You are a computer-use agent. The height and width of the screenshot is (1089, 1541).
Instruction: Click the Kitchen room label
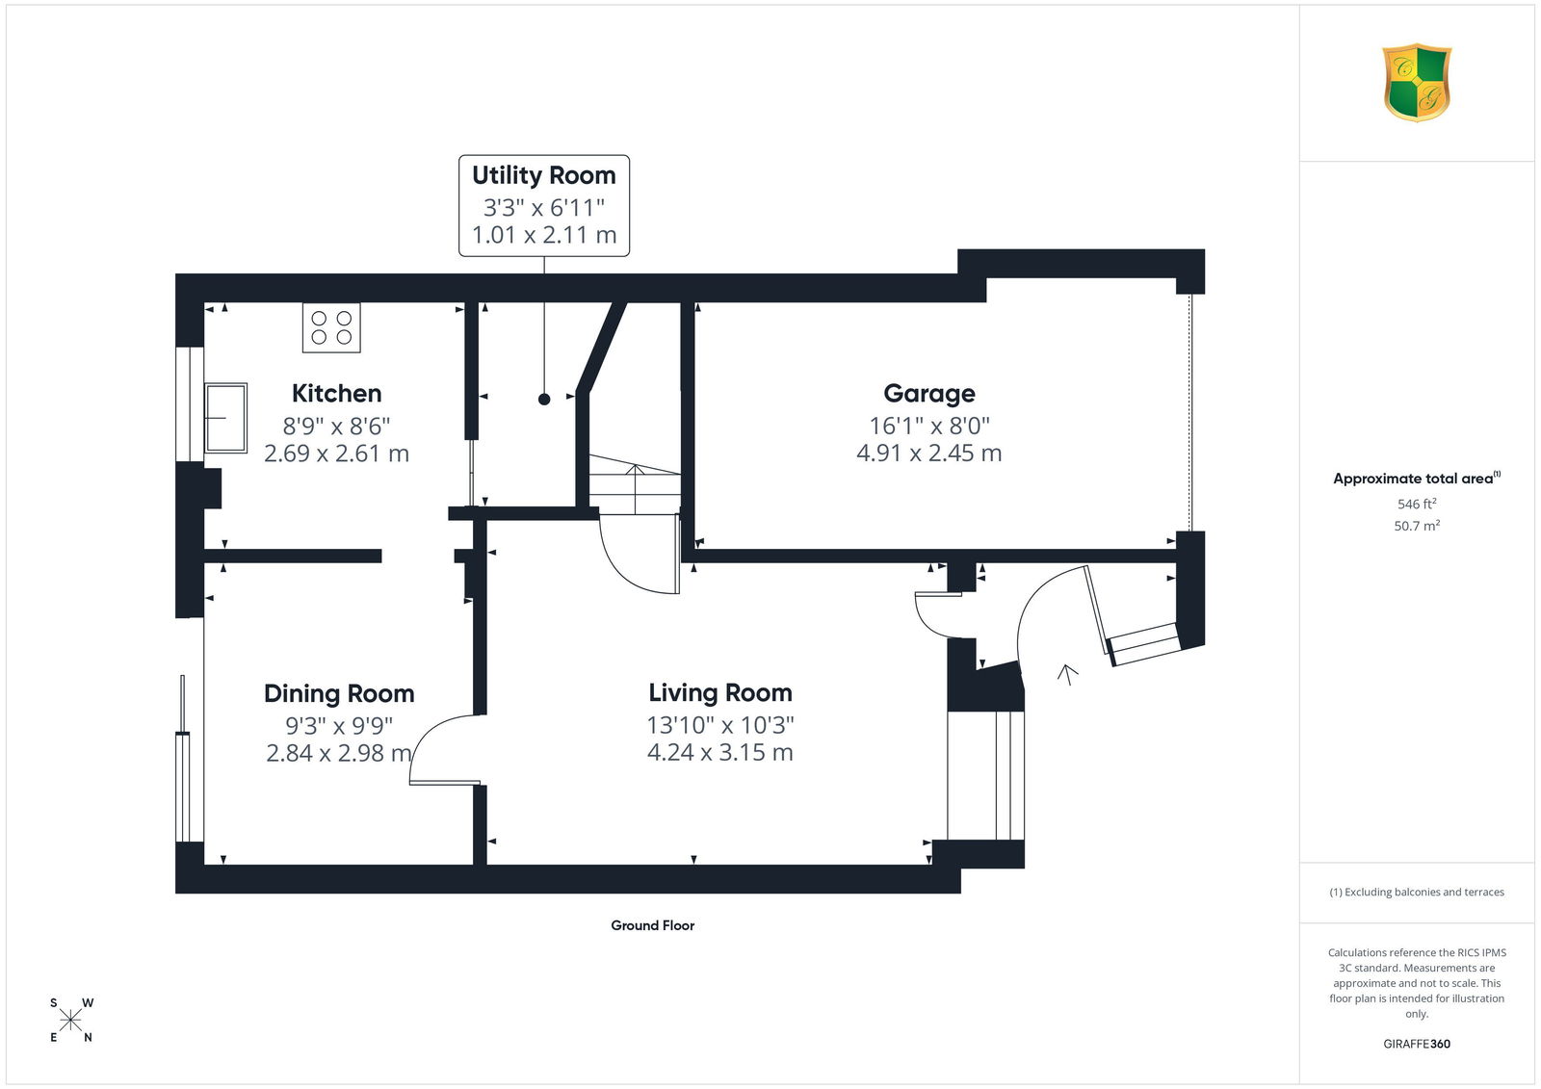(336, 394)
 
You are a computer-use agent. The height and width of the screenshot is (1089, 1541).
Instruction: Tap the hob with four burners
(331, 328)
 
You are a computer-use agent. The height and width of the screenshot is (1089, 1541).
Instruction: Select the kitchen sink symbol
(225, 418)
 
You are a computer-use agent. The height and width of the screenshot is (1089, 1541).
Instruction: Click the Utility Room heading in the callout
(543, 175)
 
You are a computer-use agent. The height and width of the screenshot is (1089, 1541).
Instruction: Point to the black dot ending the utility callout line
(544, 399)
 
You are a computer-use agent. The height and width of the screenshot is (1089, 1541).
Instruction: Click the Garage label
(928, 394)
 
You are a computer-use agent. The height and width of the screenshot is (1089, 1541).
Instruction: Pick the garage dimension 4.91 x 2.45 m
(928, 454)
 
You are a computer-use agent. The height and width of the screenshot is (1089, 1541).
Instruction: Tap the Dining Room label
(339, 693)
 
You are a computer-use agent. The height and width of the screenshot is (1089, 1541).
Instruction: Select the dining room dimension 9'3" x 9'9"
(339, 725)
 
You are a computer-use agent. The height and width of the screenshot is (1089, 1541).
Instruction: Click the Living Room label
(720, 692)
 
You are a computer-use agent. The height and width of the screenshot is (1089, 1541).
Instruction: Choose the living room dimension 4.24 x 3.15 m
(720, 752)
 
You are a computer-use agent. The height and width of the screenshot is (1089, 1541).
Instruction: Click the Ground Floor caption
(653, 925)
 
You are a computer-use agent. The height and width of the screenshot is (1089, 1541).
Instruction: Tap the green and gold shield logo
(1417, 83)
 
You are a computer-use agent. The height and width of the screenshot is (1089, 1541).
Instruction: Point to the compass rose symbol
(71, 1020)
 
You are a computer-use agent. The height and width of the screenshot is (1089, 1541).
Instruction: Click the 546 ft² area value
(1417, 504)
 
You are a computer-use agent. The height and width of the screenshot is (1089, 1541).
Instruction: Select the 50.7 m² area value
(1417, 526)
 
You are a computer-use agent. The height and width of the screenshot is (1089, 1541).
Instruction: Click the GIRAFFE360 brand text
(1417, 1044)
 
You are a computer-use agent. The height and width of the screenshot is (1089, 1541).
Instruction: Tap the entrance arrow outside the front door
(1068, 675)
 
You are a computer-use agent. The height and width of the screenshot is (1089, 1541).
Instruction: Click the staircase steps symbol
(635, 484)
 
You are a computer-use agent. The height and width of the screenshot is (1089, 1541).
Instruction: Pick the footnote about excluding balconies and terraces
(1417, 893)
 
